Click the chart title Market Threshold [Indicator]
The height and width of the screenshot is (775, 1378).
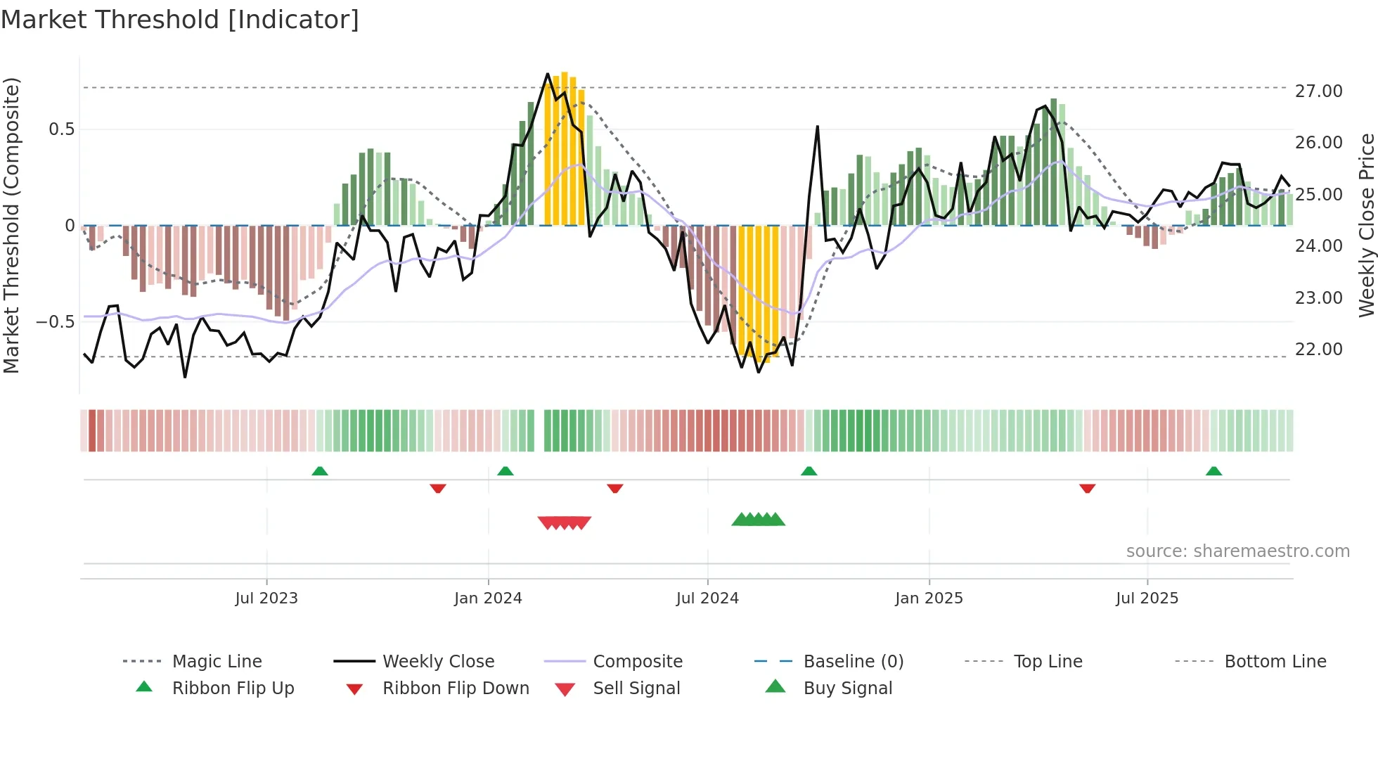(x=180, y=20)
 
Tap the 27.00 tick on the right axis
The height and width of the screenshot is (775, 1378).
(x=1318, y=91)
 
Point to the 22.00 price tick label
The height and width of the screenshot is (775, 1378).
(x=1318, y=350)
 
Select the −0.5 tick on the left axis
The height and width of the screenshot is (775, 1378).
(x=56, y=322)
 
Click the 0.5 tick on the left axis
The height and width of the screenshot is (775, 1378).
(x=61, y=129)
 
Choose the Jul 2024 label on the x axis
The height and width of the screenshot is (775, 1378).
(x=707, y=598)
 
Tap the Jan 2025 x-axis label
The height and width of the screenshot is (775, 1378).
(x=929, y=598)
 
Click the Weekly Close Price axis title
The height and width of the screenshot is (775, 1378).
(x=1366, y=225)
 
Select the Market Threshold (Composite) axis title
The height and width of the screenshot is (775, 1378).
(x=11, y=225)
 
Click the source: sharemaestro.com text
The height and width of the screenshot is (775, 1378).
(x=1237, y=551)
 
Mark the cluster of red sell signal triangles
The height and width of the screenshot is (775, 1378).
(x=564, y=523)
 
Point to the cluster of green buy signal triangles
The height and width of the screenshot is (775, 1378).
(x=758, y=520)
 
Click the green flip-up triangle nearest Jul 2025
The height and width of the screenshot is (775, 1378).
(x=1213, y=471)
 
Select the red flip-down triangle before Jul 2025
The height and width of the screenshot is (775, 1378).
(x=1087, y=488)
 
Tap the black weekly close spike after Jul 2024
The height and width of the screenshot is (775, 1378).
(x=817, y=128)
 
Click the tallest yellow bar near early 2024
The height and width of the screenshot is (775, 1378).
(x=565, y=148)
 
